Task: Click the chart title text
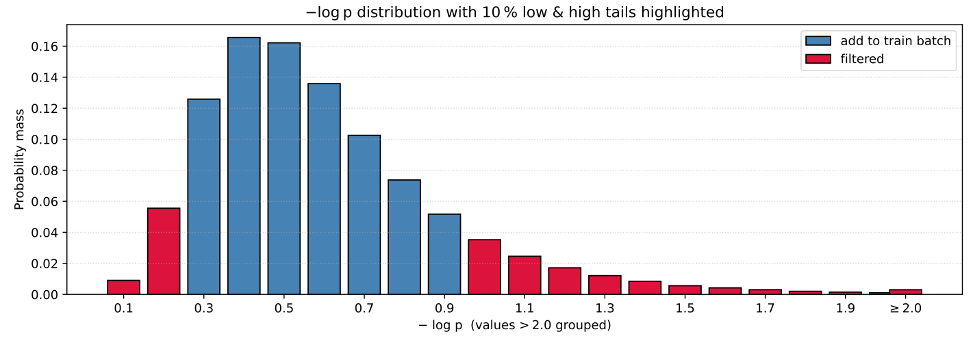(514, 12)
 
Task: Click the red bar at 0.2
(164, 251)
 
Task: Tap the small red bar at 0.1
(123, 287)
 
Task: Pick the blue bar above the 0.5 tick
(284, 168)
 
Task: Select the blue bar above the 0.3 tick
(204, 197)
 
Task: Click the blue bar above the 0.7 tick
(364, 215)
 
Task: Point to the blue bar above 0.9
(444, 254)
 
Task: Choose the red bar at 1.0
(484, 267)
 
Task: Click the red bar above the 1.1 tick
(525, 275)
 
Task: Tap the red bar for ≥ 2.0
(905, 292)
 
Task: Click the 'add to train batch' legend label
(895, 41)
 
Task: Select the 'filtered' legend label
(862, 60)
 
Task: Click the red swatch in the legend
(818, 60)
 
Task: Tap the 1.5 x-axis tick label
(685, 308)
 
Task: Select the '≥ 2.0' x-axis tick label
(905, 308)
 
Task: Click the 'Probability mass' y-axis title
(20, 159)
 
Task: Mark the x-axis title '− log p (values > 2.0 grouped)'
(514, 326)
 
